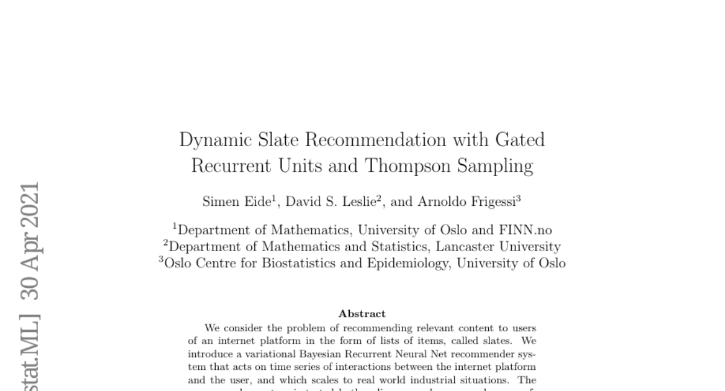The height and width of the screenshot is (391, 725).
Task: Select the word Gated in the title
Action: [520, 140]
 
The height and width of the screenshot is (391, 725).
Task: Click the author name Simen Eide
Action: [236, 202]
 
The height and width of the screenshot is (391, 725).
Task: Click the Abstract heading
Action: [362, 314]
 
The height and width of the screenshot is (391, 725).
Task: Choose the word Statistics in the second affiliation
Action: [398, 247]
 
